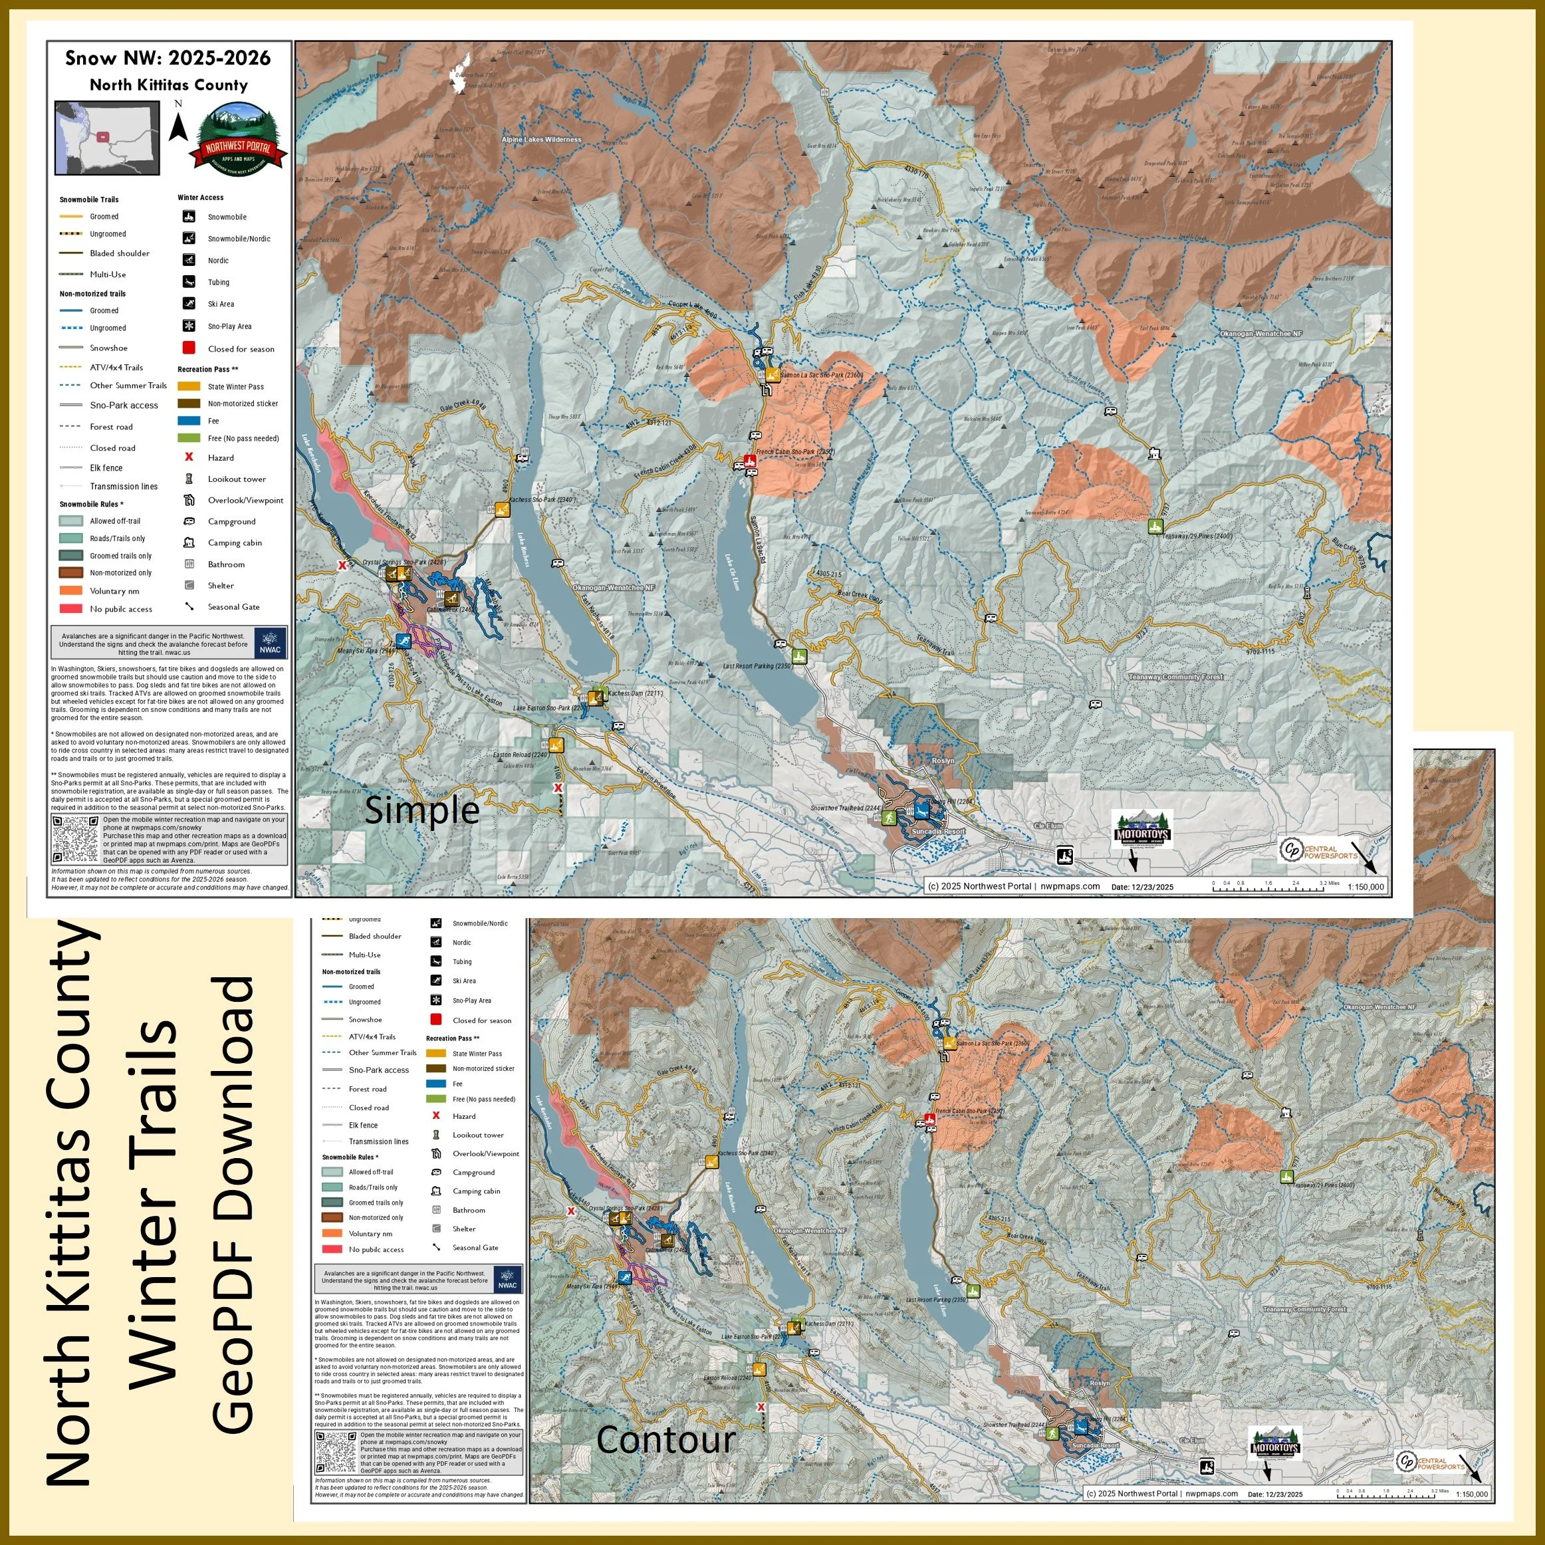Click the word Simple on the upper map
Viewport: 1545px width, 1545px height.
click(421, 810)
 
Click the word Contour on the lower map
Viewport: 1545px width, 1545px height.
click(665, 1439)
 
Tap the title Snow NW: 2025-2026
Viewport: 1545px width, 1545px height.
click(168, 58)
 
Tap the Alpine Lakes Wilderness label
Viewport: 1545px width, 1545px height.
click(541, 139)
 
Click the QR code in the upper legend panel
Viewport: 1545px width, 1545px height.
click(74, 840)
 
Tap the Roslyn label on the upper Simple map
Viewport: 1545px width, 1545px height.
click(943, 761)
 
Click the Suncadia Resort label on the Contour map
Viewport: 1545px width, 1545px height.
click(1093, 1445)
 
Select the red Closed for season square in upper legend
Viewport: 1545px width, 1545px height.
click(189, 348)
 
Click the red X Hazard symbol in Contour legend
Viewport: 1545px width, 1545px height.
click(436, 1116)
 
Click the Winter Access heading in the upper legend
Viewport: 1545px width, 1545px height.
click(201, 197)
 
